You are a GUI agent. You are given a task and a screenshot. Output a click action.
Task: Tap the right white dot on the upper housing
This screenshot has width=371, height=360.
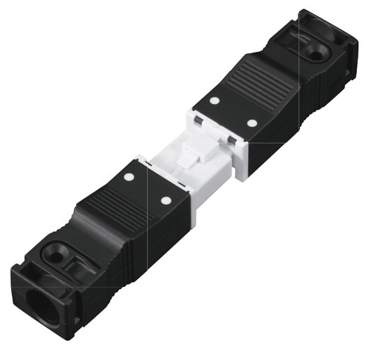pyautogui.click(x=251, y=123)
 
